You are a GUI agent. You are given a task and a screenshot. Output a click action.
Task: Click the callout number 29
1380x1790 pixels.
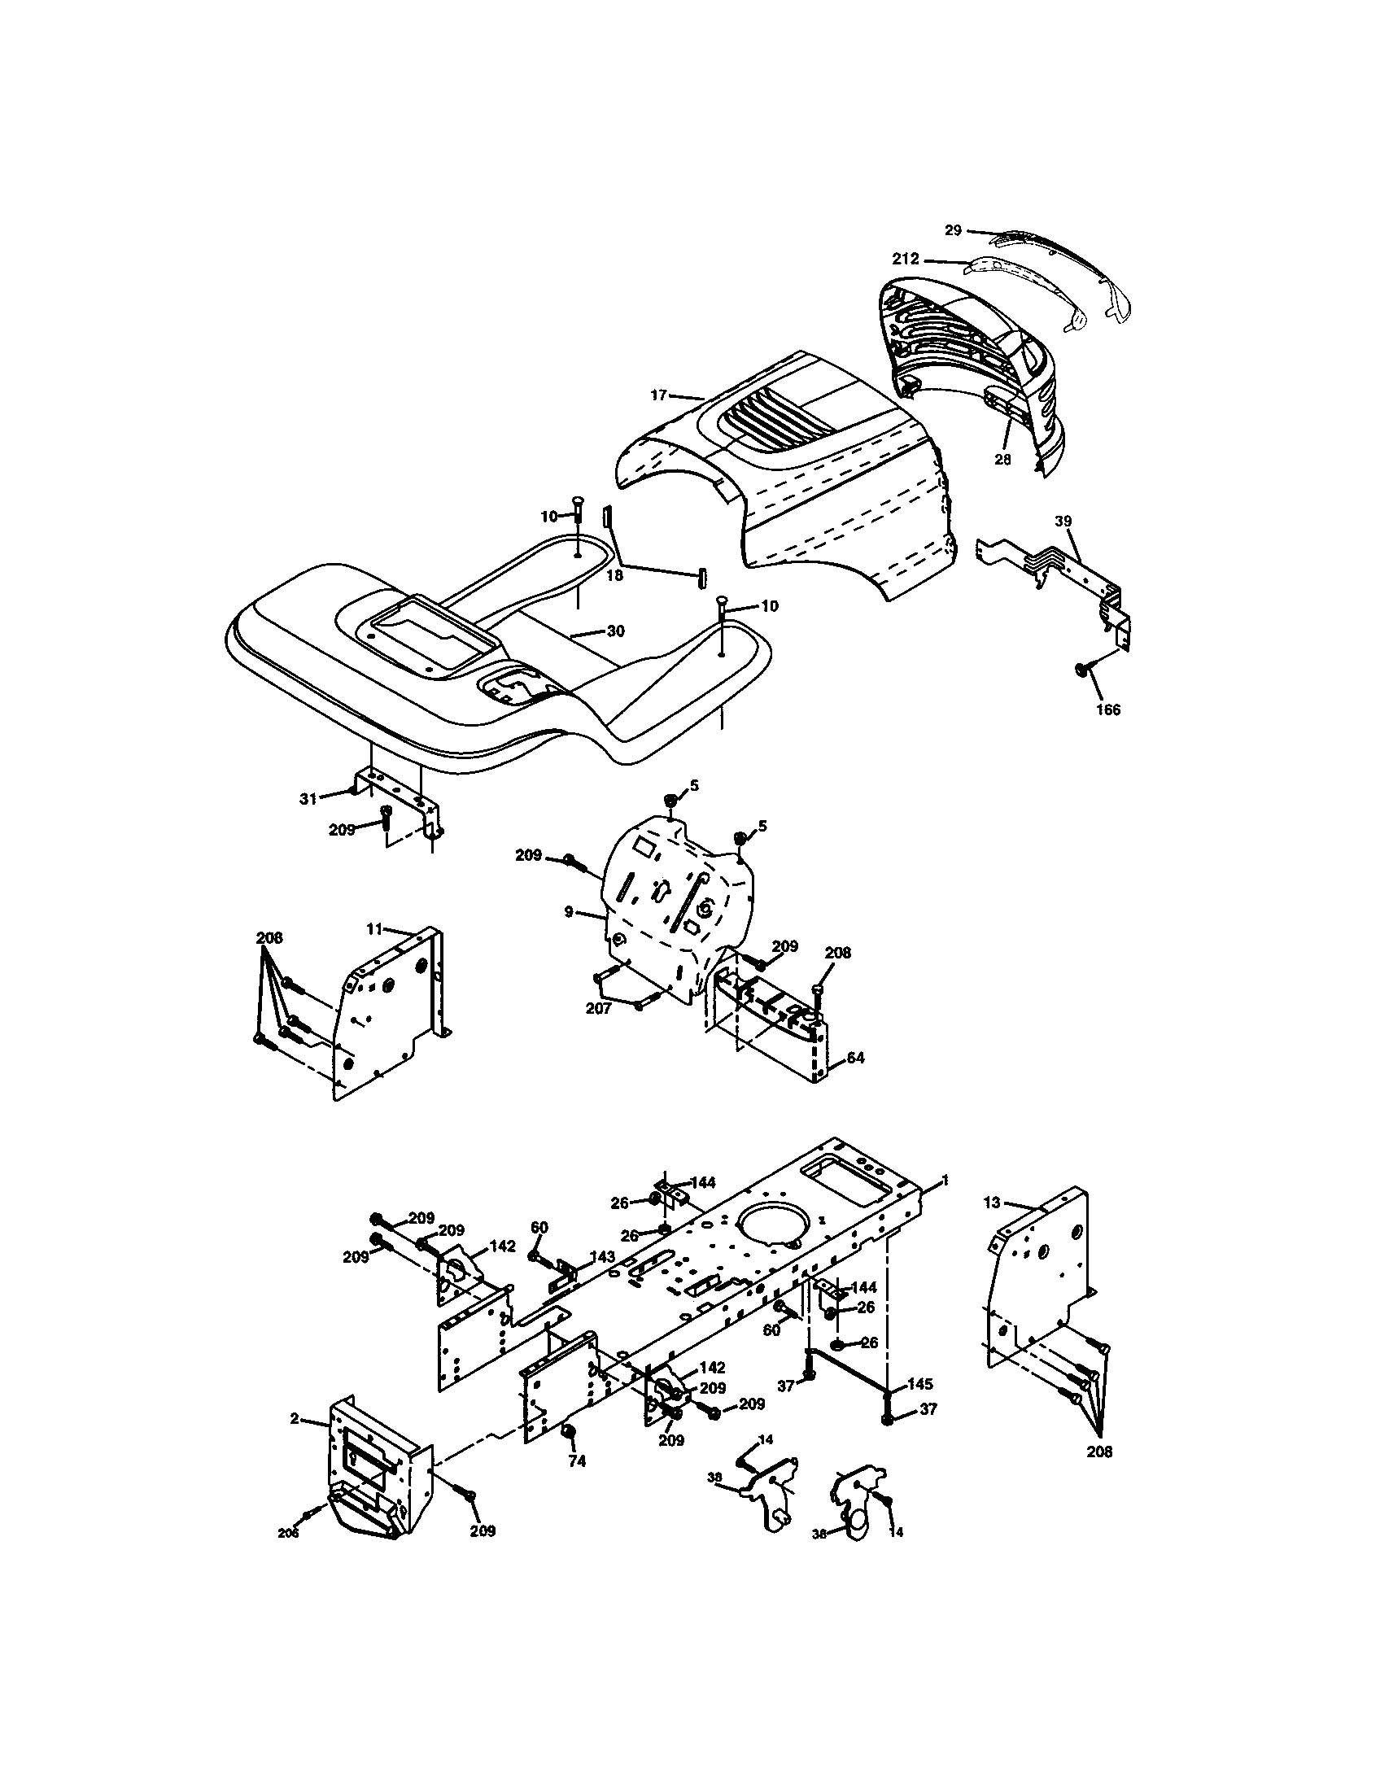[x=952, y=230]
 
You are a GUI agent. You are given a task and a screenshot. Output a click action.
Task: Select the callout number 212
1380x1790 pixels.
[x=906, y=260]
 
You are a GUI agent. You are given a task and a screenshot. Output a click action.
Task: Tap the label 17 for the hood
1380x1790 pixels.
[x=659, y=395]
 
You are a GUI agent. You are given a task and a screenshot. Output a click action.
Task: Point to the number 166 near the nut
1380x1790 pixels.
[x=1108, y=709]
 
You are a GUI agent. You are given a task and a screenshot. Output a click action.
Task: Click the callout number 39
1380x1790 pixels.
[x=1063, y=522]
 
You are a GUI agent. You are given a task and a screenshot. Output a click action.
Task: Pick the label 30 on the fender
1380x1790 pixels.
[x=615, y=631]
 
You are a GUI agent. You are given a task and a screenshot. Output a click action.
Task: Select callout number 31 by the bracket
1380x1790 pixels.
[x=308, y=799]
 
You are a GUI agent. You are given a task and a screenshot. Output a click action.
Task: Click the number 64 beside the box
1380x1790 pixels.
[x=854, y=1058]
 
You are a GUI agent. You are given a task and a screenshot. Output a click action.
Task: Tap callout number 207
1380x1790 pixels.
[x=598, y=1009]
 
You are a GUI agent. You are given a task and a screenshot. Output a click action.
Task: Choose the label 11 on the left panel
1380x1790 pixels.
[x=374, y=928]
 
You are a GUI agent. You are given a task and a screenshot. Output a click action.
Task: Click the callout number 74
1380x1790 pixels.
[x=577, y=1461]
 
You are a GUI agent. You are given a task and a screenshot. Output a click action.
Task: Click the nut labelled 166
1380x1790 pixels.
[x=1081, y=671]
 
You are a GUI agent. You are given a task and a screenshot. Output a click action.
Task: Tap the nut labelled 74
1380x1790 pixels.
[x=566, y=1432]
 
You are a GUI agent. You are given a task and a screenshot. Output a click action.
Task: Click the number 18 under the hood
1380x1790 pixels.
[x=614, y=575]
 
